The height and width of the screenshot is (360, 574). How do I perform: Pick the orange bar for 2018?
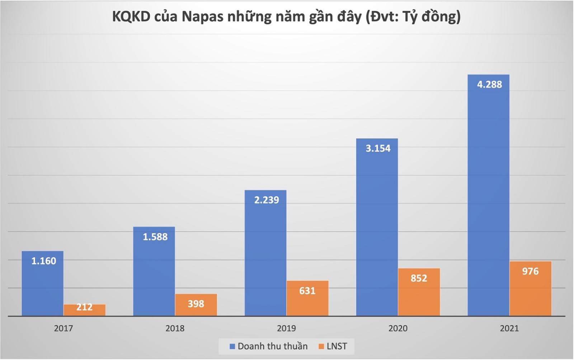[196, 305]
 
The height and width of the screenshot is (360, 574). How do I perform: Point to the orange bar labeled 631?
[307, 298]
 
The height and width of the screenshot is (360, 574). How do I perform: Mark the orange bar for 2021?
[531, 289]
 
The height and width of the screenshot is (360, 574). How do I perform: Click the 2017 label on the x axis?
[63, 328]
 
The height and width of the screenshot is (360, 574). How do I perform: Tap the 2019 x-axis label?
[286, 328]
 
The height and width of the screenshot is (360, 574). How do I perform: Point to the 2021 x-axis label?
[509, 328]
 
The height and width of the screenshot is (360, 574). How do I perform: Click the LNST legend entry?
[333, 346]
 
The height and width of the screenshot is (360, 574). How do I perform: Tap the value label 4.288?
[489, 84]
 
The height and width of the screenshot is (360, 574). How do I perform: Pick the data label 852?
[419, 278]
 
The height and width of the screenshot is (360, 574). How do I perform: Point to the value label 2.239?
[267, 200]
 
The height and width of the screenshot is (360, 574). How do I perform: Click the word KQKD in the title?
[131, 17]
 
